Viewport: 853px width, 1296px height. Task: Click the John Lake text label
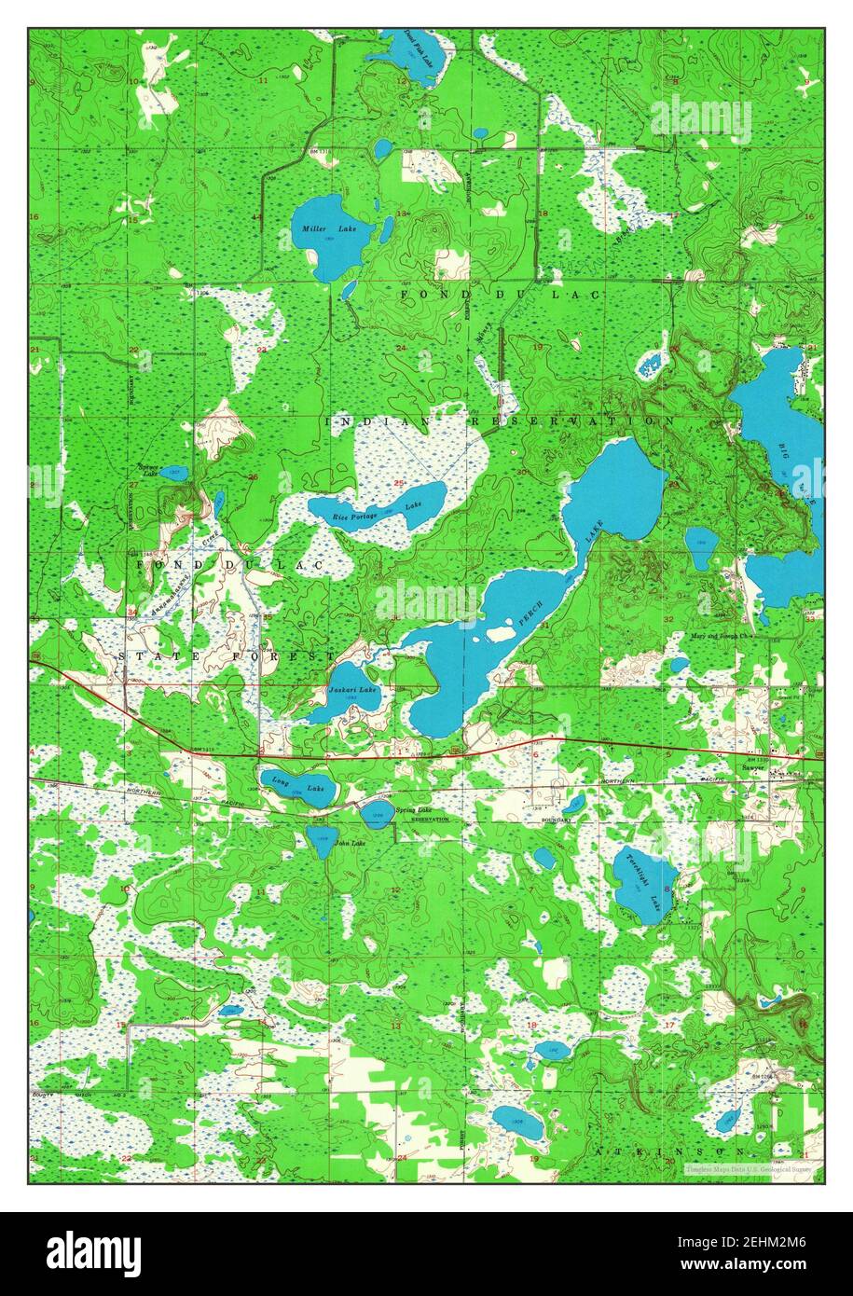click(x=350, y=844)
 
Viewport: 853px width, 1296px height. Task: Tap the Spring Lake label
click(x=413, y=810)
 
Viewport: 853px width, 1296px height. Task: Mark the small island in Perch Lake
click(x=501, y=634)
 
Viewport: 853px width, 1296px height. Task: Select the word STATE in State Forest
click(x=147, y=657)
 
